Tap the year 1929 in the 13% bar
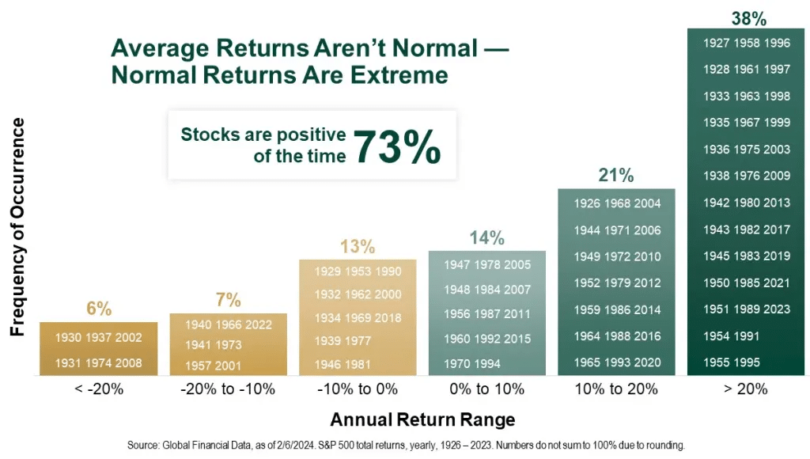(x=327, y=271)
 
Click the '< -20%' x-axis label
(x=98, y=389)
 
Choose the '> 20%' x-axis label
(x=746, y=389)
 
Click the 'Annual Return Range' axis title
(x=422, y=419)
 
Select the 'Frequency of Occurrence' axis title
(x=17, y=227)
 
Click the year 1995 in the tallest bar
(x=746, y=362)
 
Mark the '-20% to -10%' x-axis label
(x=228, y=389)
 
